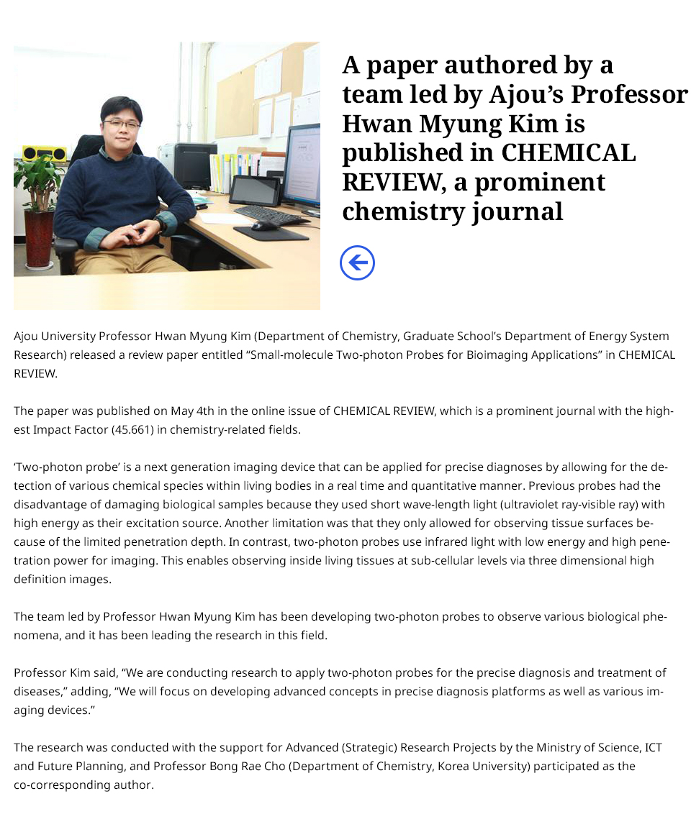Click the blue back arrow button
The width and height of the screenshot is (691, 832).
click(x=357, y=262)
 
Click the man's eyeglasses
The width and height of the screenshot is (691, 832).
click(x=121, y=124)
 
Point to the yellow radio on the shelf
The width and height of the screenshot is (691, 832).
click(x=45, y=153)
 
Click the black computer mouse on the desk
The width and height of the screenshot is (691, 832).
click(x=265, y=225)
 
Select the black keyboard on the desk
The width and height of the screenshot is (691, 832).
click(x=271, y=214)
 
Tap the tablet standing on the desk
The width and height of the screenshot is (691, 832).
click(x=254, y=191)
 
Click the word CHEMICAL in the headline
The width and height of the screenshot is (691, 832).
click(x=568, y=152)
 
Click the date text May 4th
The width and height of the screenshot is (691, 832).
click(x=193, y=411)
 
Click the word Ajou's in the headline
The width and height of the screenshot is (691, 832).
click(x=527, y=94)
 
